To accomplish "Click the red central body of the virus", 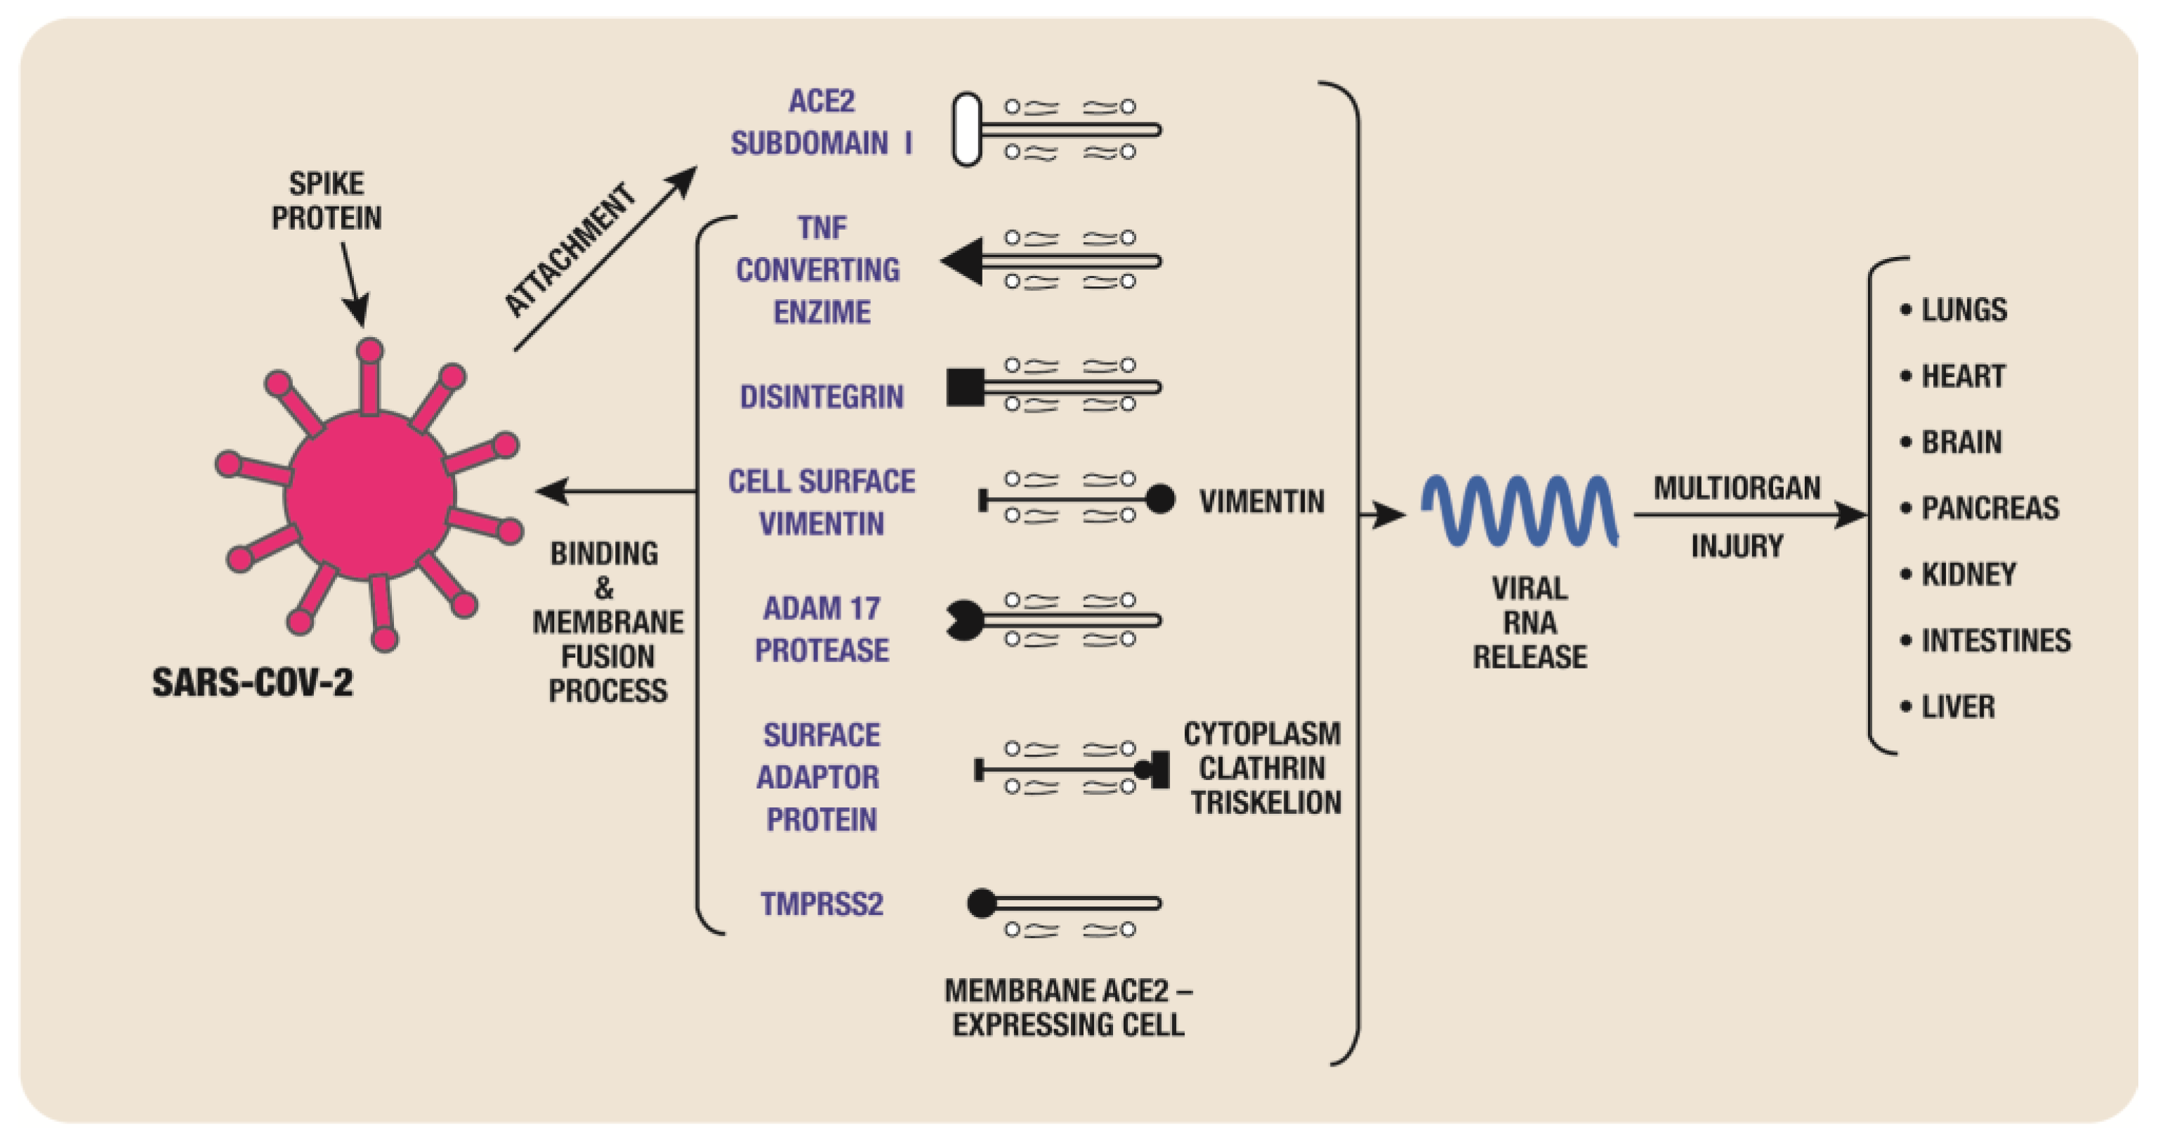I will [369, 494].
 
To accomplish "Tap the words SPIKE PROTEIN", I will [327, 201].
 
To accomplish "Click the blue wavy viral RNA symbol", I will [1520, 511].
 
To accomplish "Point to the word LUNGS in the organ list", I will [1963, 310].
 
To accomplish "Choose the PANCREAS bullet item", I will [1989, 508].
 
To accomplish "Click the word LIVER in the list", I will [1957, 707].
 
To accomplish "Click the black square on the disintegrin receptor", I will [965, 387].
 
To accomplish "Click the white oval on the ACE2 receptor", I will [967, 129].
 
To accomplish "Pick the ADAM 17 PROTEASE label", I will [821, 629].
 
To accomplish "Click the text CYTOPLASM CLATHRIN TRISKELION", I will [1262, 768].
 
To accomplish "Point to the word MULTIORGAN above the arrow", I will [1737, 487].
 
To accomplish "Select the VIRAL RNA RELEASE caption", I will [1529, 622].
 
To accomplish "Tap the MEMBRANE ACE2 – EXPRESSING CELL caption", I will [1068, 1008].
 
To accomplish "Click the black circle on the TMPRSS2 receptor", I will [982, 903].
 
